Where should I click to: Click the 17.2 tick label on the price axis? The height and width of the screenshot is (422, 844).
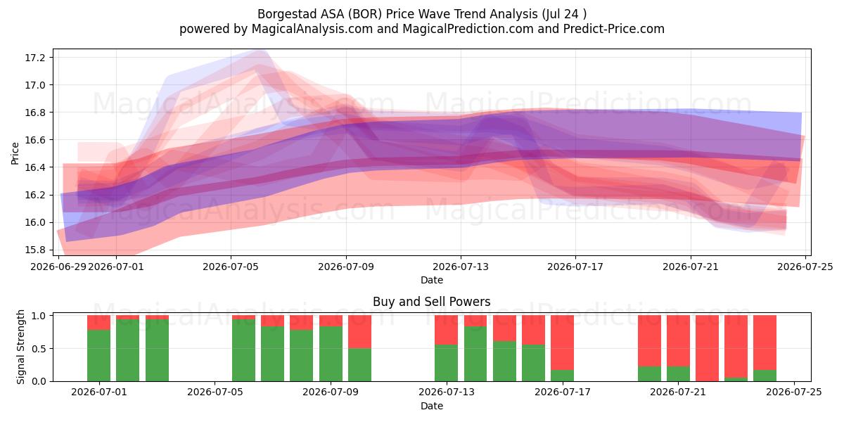point(34,58)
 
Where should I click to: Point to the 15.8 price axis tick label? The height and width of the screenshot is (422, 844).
point(34,250)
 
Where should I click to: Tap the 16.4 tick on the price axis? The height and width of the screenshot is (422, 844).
point(34,167)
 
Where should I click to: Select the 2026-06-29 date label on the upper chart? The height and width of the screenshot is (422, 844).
point(58,267)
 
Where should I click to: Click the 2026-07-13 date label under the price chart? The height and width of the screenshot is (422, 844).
point(461,267)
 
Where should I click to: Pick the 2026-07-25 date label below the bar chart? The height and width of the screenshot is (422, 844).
point(794,392)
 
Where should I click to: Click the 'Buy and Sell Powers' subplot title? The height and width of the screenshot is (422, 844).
point(431,302)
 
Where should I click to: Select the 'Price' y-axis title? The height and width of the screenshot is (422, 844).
point(15,153)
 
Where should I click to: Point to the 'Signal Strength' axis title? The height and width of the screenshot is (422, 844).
point(20,347)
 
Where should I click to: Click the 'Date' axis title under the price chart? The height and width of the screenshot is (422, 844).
point(432,280)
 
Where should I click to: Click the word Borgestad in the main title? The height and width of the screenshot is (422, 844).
point(287,14)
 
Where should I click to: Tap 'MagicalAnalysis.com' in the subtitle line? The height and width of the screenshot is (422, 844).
point(312,29)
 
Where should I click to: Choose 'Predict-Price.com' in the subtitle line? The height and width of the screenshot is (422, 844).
point(614,29)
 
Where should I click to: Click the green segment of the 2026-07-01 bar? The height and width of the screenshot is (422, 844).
point(98,355)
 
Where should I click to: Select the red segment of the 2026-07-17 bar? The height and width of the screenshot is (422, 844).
point(562,343)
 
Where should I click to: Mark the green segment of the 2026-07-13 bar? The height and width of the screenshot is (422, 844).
point(446,363)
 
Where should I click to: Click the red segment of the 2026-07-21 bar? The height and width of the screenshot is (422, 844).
point(678,340)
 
